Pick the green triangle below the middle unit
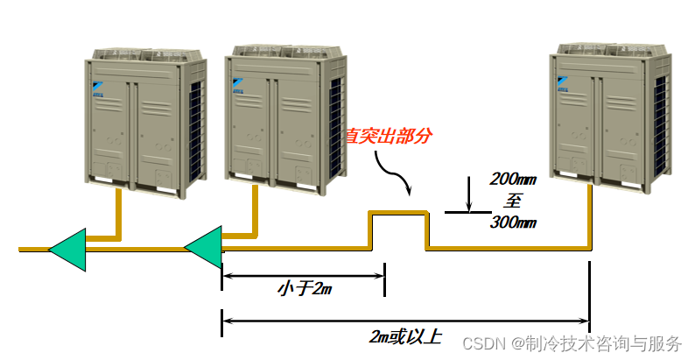(203, 248)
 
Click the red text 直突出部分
(389, 137)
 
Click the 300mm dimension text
(513, 222)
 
